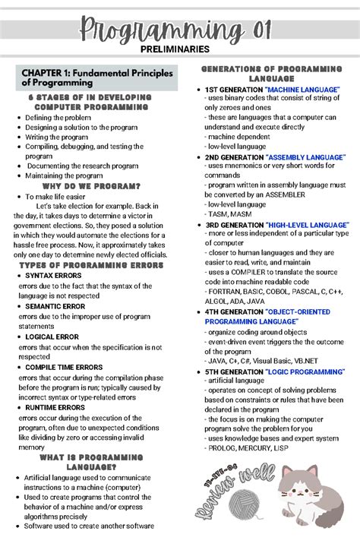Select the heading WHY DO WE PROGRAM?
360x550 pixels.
(91, 186)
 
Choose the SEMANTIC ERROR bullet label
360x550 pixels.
(55, 306)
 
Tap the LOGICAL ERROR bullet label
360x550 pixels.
(53, 337)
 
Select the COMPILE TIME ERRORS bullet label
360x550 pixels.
(64, 367)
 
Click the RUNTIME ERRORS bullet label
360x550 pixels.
(57, 408)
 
